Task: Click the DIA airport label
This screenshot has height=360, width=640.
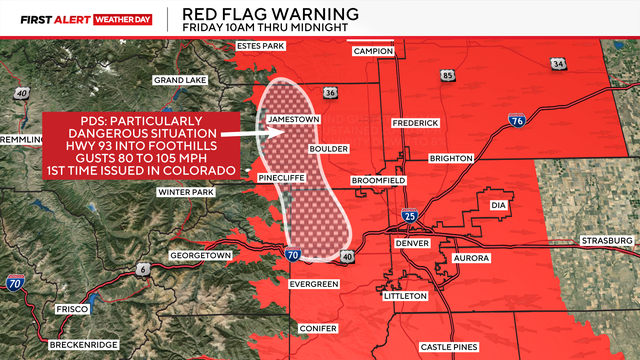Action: tap(500, 205)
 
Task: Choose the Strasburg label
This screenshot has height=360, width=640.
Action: tap(607, 241)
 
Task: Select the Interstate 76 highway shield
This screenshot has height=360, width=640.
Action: tap(516, 121)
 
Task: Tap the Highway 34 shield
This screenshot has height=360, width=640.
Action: tap(558, 65)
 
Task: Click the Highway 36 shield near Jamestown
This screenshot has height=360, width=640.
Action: tap(330, 93)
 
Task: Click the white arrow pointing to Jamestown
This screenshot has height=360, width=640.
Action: tap(240, 132)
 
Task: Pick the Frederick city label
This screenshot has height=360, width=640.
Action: tap(415, 122)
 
